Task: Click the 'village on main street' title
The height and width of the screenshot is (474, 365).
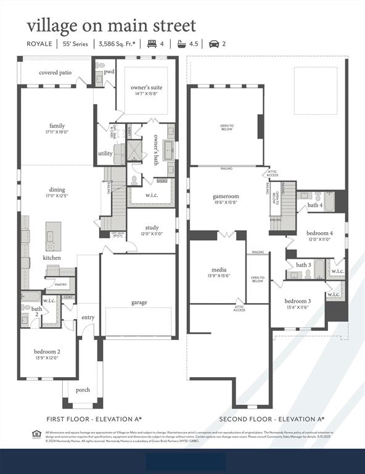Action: [111, 26]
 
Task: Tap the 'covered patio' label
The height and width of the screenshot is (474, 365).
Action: [55, 72]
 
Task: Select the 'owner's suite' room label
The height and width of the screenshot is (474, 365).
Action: [146, 88]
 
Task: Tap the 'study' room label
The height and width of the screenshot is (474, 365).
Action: [152, 228]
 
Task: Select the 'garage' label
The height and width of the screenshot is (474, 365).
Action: [139, 302]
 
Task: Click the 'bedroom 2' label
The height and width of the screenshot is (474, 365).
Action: [47, 352]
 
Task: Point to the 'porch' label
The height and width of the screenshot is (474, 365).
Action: [83, 389]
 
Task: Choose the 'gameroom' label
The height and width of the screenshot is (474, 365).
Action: [226, 196]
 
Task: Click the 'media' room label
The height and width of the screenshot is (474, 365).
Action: [218, 270]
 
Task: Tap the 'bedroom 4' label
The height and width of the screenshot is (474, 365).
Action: [319, 233]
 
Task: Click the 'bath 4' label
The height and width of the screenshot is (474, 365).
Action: [315, 205]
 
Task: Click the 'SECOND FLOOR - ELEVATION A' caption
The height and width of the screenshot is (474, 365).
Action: [272, 419]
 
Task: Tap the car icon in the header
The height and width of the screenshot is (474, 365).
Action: [214, 44]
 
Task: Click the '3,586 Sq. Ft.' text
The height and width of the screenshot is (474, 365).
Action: [119, 44]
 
